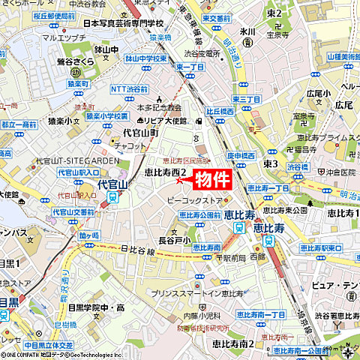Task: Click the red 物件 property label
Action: tap(212, 179)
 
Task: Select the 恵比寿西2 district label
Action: tap(166, 172)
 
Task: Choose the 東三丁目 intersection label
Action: tap(245, 99)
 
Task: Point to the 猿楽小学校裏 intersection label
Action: tap(106, 116)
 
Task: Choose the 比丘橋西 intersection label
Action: tap(220, 111)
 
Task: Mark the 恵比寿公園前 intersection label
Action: tap(200, 214)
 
